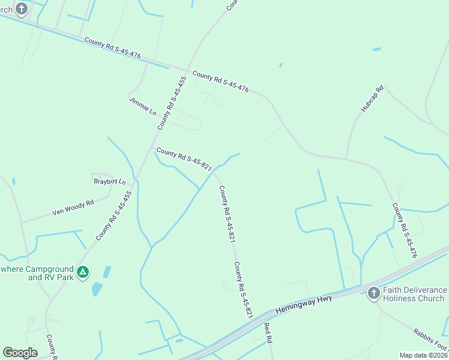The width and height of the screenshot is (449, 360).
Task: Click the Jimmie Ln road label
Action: [142, 106]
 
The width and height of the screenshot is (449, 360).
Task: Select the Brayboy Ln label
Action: [110, 181]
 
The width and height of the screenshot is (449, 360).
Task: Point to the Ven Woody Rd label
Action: [73, 208]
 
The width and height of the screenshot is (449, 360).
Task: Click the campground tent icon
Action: [83, 273]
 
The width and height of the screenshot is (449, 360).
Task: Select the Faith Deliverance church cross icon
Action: [373, 293]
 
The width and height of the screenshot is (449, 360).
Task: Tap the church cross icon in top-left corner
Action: [22, 8]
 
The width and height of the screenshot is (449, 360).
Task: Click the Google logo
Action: [20, 353]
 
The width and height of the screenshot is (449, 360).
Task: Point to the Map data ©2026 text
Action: [423, 355]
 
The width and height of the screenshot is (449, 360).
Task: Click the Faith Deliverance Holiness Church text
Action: [414, 294]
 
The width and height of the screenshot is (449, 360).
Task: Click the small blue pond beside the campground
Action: [97, 289]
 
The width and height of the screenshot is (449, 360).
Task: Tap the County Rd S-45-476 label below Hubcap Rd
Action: [404, 230]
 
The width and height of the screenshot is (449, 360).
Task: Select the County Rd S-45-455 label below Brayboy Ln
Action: [113, 215]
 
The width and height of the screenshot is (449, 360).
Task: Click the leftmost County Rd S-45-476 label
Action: [112, 48]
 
